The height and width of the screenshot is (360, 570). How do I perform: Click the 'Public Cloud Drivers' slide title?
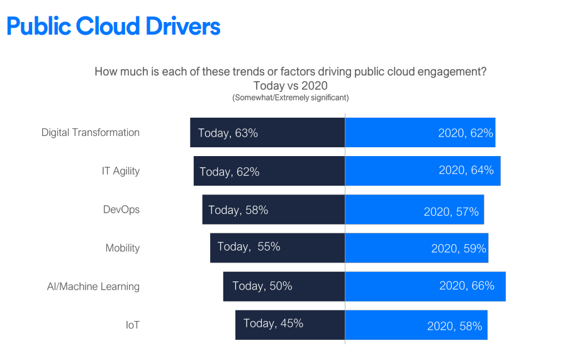pyautogui.click(x=113, y=26)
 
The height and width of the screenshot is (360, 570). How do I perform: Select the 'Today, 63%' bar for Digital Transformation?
pyautogui.click(x=267, y=133)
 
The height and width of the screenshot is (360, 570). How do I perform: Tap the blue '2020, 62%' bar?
pyautogui.click(x=420, y=133)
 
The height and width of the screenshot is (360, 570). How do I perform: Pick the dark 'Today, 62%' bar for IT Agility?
pyautogui.click(x=269, y=171)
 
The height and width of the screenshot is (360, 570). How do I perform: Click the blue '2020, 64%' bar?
pyautogui.click(x=422, y=171)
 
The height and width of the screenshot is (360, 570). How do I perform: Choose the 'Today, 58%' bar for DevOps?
pyautogui.click(x=274, y=210)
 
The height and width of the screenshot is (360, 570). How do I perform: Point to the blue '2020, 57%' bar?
pyautogui.click(x=414, y=210)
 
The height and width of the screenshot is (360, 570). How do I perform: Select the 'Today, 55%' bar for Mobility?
pyautogui.click(x=277, y=247)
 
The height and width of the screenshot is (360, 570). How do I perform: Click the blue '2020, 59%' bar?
pyautogui.click(x=416, y=248)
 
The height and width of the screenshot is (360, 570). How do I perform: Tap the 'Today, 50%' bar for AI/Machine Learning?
pyautogui.click(x=284, y=286)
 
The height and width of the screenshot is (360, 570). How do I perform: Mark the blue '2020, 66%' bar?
pyautogui.click(x=425, y=286)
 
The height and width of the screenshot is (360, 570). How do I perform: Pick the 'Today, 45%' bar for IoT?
pyautogui.click(x=290, y=325)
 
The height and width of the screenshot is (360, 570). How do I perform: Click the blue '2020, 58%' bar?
pyautogui.click(x=416, y=325)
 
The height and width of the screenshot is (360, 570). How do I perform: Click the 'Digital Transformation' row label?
pyautogui.click(x=91, y=133)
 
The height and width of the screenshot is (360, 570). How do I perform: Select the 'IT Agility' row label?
pyautogui.click(x=121, y=171)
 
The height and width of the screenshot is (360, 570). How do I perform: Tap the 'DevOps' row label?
pyautogui.click(x=121, y=210)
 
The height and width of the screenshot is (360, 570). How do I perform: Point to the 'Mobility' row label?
pyautogui.click(x=123, y=248)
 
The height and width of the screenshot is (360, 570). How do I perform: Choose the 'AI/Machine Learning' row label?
pyautogui.click(x=93, y=286)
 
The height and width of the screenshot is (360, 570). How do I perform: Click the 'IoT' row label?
pyautogui.click(x=132, y=325)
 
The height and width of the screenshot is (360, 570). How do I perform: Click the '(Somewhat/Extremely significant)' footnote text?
pyautogui.click(x=290, y=98)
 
